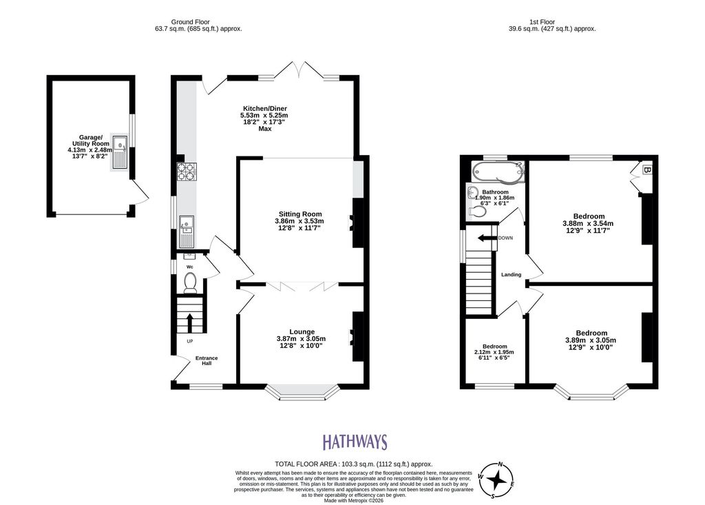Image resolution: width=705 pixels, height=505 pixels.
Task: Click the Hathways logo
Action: (355, 442)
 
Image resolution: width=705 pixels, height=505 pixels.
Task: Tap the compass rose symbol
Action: (497, 480)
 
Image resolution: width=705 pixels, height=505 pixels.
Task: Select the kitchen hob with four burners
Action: (187, 171)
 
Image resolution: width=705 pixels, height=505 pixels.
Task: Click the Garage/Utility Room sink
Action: (120, 152)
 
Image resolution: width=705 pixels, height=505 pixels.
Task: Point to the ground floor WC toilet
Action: (191, 282)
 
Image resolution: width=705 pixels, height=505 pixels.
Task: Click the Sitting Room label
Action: (300, 214)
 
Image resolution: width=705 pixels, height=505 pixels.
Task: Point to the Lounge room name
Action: (302, 331)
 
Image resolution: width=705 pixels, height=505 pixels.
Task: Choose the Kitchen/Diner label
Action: (265, 108)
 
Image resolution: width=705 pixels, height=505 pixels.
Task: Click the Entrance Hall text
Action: (207, 360)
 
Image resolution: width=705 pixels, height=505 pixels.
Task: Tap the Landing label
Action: (512, 275)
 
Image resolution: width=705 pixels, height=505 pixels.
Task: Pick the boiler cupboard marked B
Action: (646, 171)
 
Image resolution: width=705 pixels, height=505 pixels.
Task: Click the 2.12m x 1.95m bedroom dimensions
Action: (494, 352)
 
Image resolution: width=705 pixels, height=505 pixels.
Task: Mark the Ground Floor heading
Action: (190, 21)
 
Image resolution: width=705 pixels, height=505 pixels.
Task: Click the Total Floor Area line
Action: (354, 464)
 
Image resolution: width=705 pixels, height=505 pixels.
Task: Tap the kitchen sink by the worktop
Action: (186, 231)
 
